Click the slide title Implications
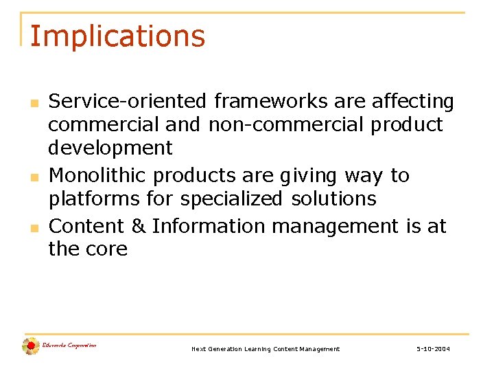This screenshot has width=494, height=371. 117,36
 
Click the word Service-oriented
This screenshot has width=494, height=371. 128,102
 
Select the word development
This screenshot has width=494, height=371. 110,148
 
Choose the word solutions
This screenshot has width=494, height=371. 334,199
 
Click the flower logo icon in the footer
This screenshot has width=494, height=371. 30,346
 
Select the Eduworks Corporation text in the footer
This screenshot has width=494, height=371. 69,345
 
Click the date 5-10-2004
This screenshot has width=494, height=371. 433,349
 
